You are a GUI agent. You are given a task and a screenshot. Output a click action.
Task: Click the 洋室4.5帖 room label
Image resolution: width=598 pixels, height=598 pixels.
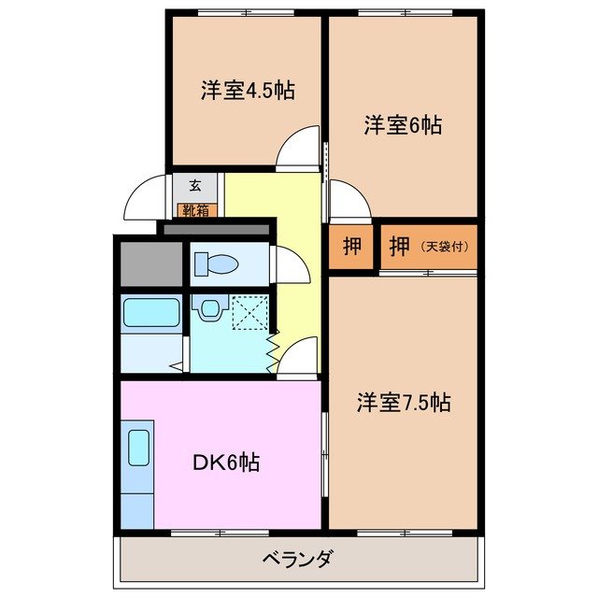coord(248,91)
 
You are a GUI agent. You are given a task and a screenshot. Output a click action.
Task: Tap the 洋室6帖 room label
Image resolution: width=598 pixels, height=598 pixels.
coord(403,125)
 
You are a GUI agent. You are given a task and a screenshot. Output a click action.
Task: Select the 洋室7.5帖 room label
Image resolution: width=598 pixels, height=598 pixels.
coord(404,403)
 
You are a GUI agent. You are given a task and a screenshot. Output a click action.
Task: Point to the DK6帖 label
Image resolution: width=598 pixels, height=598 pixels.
coord(226,462)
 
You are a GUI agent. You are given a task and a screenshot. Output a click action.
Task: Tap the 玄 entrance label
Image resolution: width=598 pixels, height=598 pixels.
coord(195,185)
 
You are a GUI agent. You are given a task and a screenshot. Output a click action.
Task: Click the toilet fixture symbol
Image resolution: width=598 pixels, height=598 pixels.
coord(215,265)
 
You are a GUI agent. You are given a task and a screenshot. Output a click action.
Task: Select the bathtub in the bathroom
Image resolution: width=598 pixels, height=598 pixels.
coord(150,312)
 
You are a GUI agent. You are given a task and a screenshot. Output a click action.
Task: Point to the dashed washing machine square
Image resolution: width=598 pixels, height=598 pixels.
coord(249,312)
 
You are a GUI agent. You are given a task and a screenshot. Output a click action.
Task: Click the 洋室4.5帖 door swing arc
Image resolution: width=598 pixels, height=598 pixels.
coord(301,148)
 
